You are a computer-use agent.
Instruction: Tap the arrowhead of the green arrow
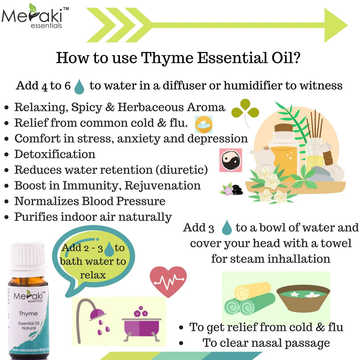(x=335, y=25)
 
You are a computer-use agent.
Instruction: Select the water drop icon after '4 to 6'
(x=79, y=86)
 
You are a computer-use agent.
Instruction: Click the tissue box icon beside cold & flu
(x=203, y=124)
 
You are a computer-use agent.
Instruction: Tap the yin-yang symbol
(x=230, y=160)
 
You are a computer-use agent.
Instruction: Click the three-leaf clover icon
(x=245, y=109)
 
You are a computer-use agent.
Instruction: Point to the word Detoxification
(x=55, y=154)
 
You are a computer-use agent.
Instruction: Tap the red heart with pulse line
(x=168, y=281)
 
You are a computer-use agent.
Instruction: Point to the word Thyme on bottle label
(x=28, y=313)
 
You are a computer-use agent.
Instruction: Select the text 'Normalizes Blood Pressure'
(x=90, y=201)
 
